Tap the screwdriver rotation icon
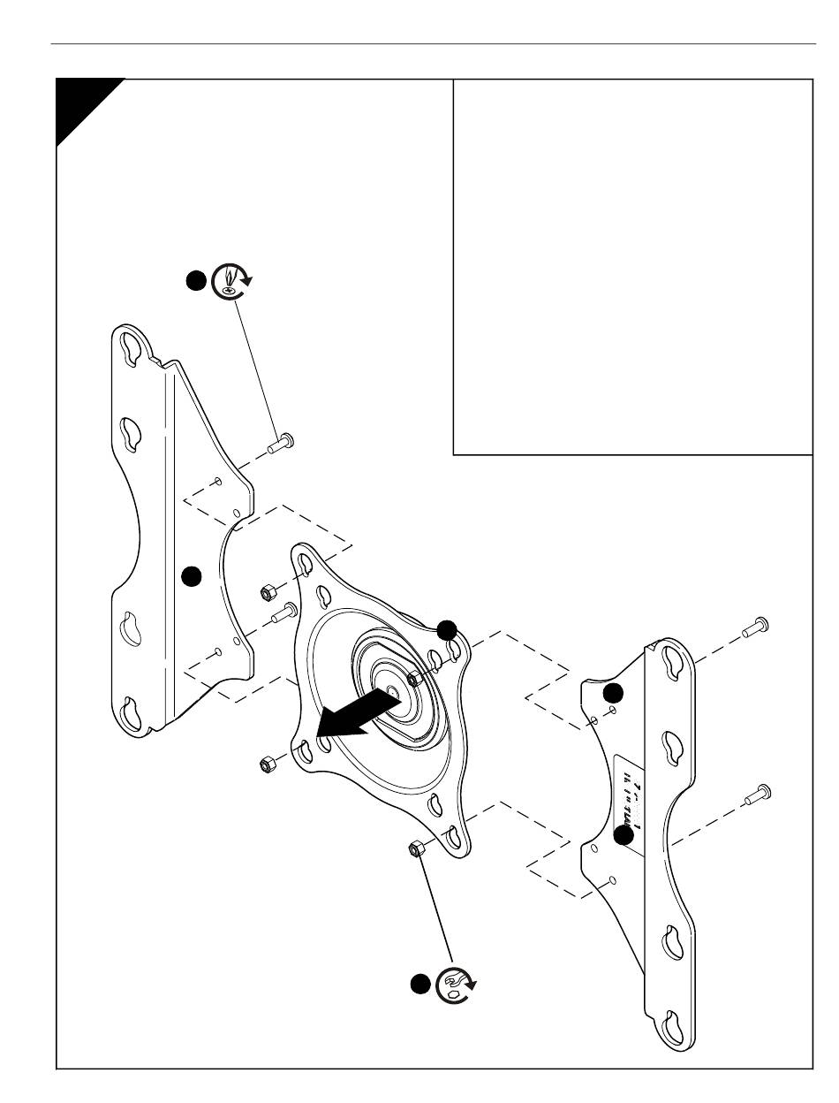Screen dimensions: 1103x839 coord(232,280)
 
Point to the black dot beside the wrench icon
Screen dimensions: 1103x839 coord(420,984)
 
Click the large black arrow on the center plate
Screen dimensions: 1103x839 coord(353,713)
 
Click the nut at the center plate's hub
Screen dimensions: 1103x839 coord(414,679)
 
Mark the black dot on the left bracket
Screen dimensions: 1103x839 coord(191,576)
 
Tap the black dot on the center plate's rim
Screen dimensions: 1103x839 coord(447,629)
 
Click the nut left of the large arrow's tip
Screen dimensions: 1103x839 coord(264,764)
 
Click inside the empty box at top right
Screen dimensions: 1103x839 coord(632,265)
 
